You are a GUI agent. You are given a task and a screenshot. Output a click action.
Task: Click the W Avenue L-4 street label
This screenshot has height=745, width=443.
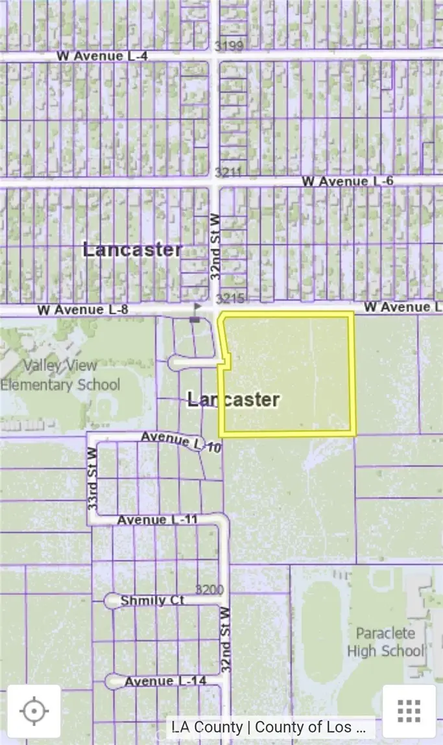click(102, 56)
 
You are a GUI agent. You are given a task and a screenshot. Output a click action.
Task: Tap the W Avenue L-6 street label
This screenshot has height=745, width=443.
click(347, 181)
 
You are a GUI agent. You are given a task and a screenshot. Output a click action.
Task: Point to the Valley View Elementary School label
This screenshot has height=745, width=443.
click(60, 375)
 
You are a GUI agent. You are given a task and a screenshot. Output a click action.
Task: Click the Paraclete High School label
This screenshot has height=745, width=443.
click(385, 642)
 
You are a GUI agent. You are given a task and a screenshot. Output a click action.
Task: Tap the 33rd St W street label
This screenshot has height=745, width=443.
click(92, 477)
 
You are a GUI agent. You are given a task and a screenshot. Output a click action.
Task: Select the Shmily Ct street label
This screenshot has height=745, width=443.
click(152, 601)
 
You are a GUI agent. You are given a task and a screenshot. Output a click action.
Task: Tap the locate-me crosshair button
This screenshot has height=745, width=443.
click(34, 711)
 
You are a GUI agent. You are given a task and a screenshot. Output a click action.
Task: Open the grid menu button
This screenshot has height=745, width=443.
click(409, 711)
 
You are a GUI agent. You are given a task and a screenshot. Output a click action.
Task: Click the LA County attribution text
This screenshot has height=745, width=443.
click(270, 727)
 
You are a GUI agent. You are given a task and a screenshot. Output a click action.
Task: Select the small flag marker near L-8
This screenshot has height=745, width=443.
click(196, 312)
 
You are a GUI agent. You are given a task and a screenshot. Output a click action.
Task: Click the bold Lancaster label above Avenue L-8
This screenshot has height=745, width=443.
click(132, 250)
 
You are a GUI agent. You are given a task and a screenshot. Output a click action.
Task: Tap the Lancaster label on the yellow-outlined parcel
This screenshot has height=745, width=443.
click(233, 399)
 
